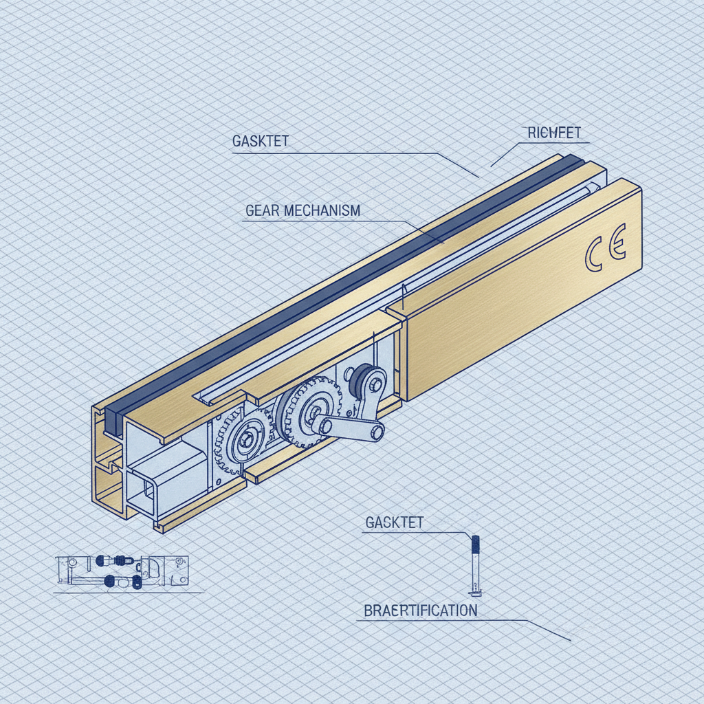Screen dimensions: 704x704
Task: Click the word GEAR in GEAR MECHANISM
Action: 261,210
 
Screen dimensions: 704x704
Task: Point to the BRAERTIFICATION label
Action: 420,610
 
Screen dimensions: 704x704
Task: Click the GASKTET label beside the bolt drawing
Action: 394,522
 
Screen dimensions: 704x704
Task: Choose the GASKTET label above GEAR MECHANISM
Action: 261,141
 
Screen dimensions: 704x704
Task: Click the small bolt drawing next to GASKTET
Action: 474,564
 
